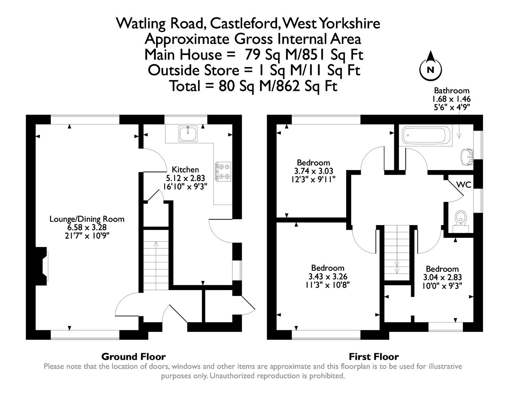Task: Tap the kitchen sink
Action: tap(188, 134)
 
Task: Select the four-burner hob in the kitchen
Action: tap(223, 171)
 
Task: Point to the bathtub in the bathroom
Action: tap(425, 135)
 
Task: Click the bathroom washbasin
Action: tap(466, 157)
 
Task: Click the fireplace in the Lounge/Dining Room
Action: tap(43, 265)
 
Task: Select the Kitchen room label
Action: tap(185, 170)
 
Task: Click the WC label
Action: tap(464, 185)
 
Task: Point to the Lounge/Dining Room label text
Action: tap(87, 219)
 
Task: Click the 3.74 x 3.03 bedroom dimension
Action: tap(313, 171)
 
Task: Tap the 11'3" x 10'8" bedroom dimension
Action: tap(328, 285)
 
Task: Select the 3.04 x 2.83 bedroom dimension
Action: tap(442, 278)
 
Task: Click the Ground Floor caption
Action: tap(133, 356)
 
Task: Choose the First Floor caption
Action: tap(374, 356)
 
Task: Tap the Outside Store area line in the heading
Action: tap(254, 70)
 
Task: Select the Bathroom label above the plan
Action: tap(451, 90)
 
